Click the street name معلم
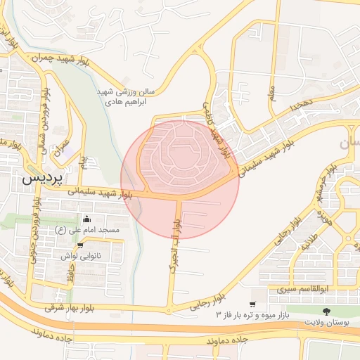point(271,92)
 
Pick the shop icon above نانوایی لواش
point(80,245)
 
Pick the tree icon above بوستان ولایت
point(326,311)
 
